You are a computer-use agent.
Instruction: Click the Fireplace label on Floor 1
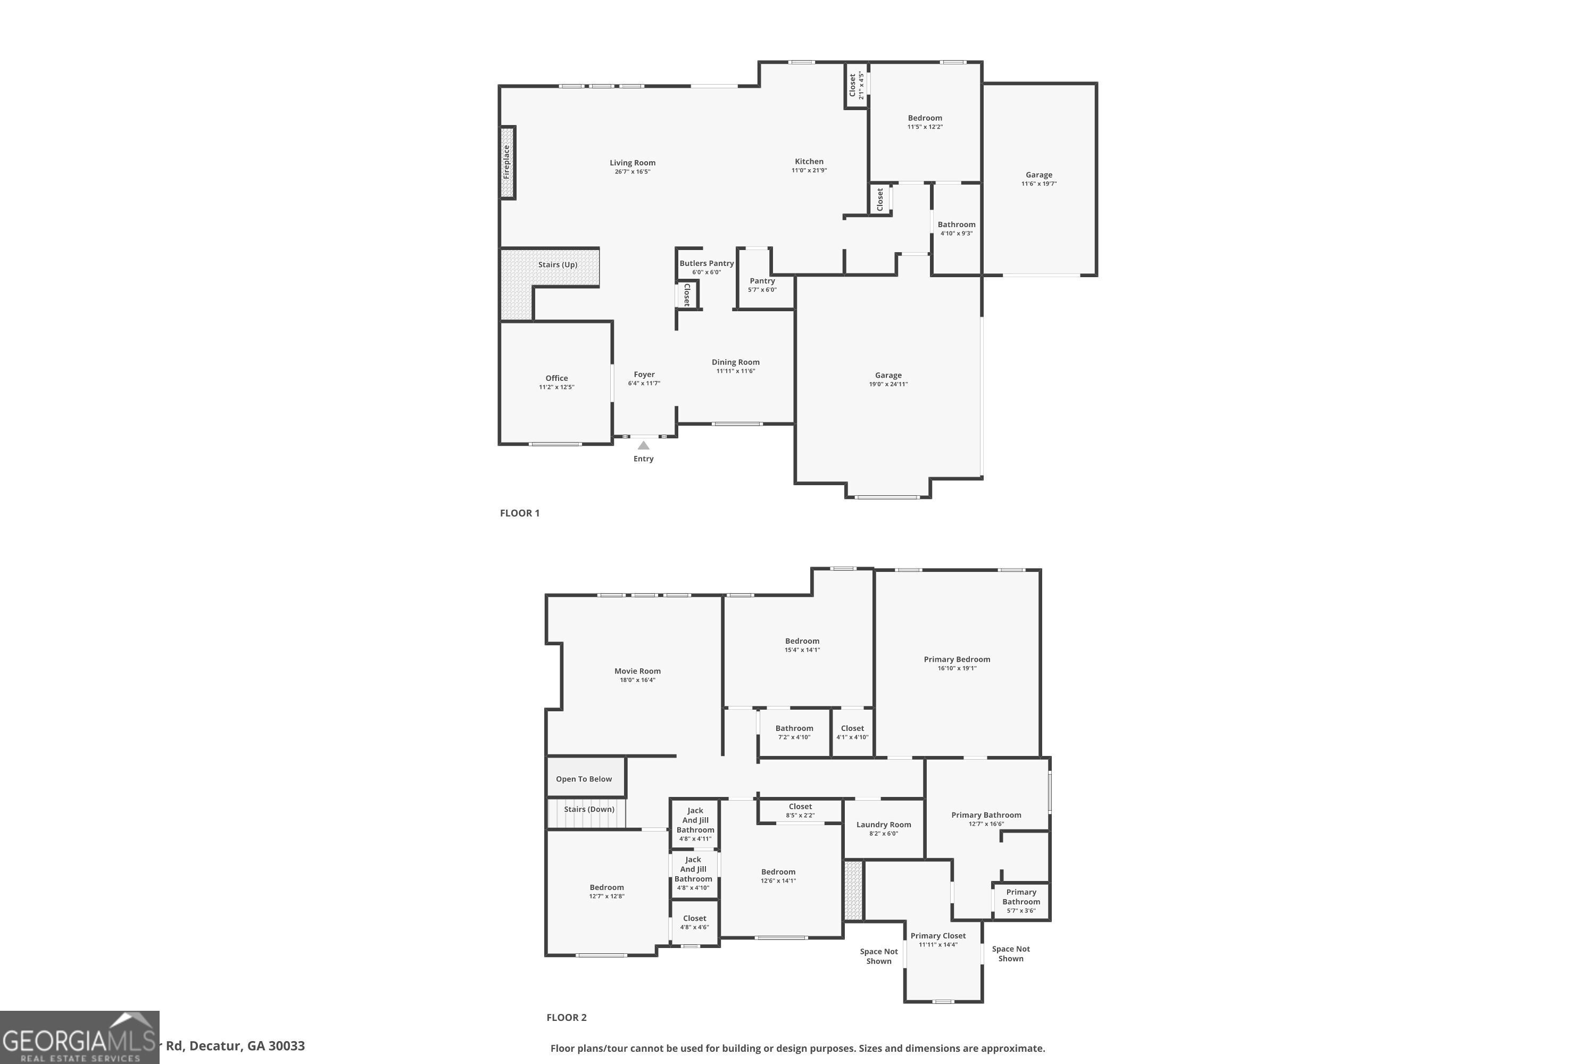[506, 162]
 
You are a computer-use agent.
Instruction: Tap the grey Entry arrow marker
[643, 446]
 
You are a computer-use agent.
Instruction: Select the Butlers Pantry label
[706, 263]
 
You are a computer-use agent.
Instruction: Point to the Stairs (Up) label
[558, 264]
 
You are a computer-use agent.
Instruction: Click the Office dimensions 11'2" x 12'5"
[556, 387]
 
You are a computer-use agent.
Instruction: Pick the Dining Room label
[736, 362]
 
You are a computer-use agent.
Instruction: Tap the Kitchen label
[809, 162]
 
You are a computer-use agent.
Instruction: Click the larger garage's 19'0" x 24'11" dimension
[888, 384]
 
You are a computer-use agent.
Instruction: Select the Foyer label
[644, 375]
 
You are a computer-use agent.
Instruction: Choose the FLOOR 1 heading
[520, 513]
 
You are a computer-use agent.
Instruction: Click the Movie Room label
[637, 671]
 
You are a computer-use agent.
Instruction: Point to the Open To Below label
[584, 779]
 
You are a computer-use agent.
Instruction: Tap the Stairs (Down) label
[589, 809]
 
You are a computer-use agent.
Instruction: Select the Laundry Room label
[884, 825]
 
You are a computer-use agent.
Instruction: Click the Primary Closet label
[938, 936]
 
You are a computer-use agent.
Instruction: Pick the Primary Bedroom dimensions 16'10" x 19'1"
[957, 668]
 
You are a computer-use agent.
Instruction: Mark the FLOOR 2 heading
[567, 1017]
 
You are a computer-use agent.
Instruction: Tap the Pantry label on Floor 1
[762, 281]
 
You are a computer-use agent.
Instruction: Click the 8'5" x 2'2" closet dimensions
[800, 816]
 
